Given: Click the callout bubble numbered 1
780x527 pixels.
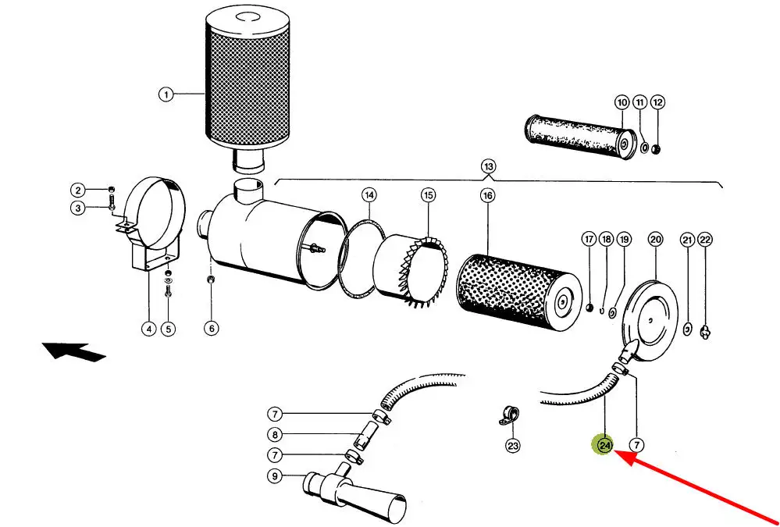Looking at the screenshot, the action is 166,94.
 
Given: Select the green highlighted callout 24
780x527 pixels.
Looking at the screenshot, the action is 605,445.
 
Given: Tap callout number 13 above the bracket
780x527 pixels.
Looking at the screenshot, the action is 489,166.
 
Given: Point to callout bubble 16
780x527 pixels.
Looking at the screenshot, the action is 488,195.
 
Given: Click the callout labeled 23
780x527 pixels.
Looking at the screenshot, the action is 513,446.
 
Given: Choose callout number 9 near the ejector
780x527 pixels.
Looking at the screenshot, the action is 275,476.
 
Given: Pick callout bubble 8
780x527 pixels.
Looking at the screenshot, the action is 275,435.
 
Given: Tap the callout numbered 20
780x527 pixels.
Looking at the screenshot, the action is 656,240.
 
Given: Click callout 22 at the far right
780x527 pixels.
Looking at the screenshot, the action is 705,240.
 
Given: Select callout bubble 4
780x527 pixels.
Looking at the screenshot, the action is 148,329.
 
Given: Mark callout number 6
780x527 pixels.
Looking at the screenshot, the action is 212,329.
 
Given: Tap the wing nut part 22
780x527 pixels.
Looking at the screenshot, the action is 705,332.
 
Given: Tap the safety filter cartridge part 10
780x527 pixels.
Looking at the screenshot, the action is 581,137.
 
